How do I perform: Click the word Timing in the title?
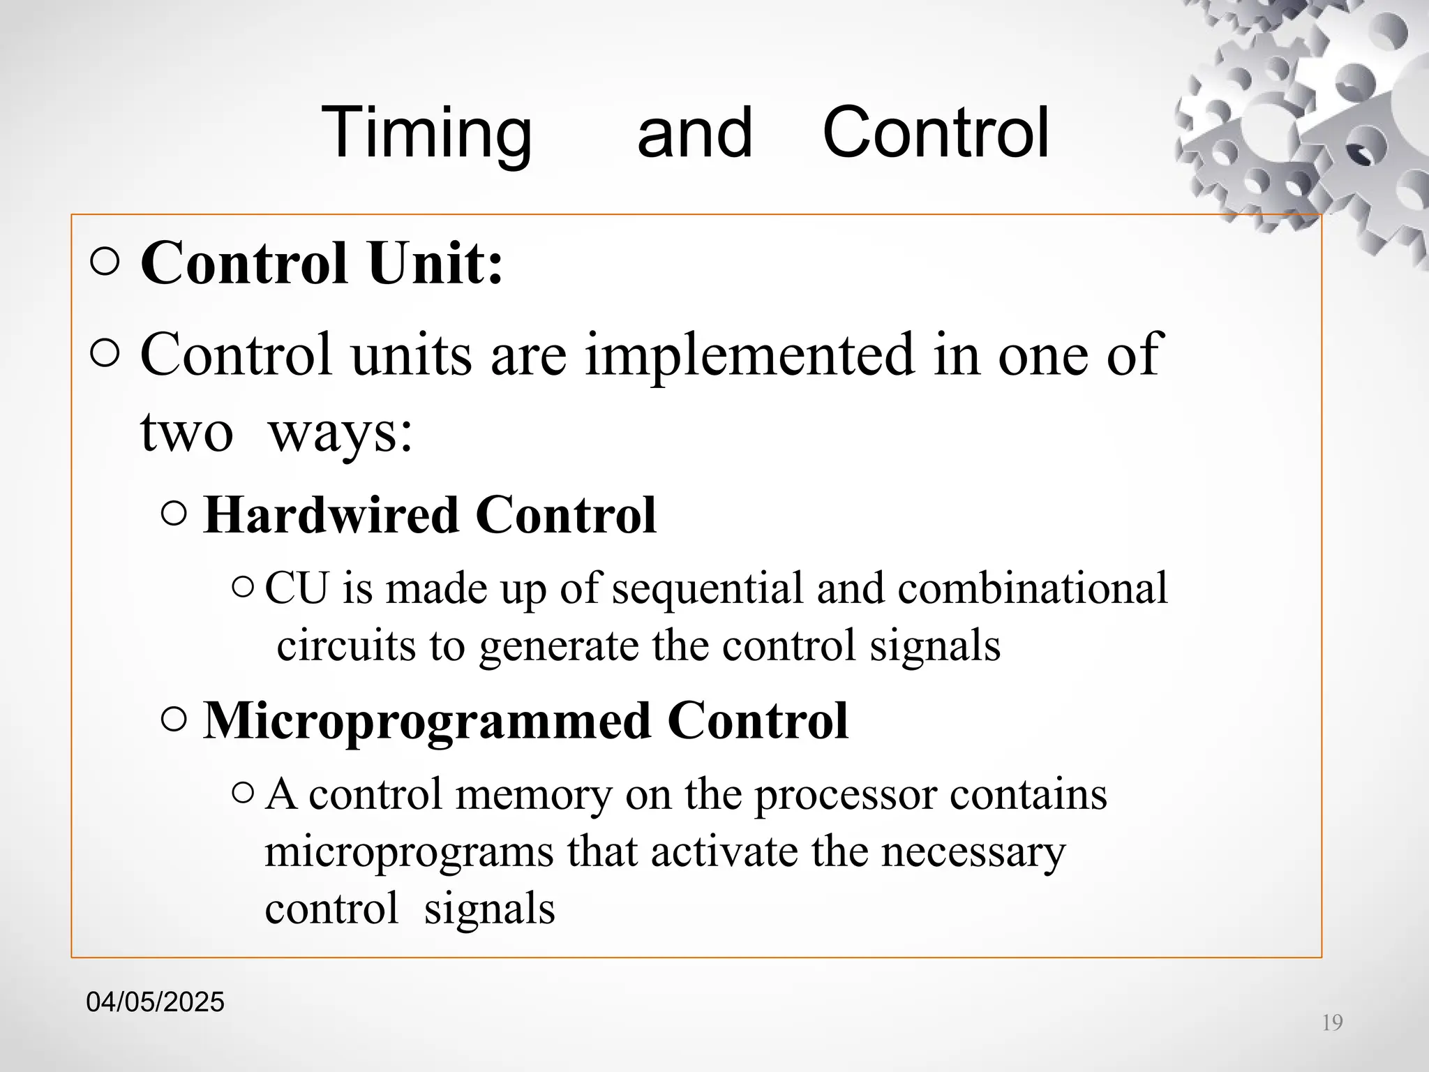[x=426, y=133]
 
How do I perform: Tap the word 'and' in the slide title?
[x=694, y=133]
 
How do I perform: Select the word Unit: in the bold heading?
[x=435, y=263]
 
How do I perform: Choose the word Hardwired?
[x=331, y=515]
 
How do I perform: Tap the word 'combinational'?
[x=1032, y=588]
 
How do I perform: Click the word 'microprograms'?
[x=409, y=852]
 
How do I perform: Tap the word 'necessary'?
[x=973, y=852]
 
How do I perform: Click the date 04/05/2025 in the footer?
[x=155, y=1002]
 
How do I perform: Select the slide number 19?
[x=1332, y=1022]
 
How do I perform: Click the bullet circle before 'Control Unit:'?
[x=105, y=263]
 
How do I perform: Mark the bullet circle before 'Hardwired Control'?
[x=174, y=515]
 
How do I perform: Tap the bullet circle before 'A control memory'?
[x=243, y=792]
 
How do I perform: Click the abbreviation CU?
[x=296, y=588]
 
